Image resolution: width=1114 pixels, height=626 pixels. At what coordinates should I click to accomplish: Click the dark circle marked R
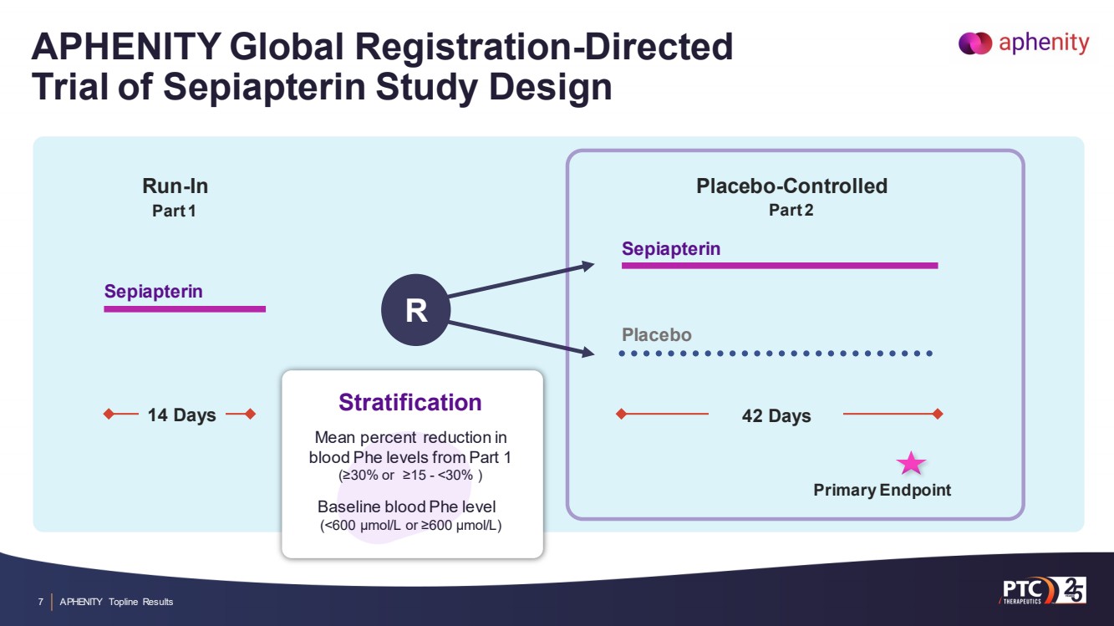coord(415,310)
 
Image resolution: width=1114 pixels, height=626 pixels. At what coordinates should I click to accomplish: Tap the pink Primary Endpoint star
coord(911,463)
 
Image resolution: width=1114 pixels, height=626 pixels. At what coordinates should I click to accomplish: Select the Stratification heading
coord(410,402)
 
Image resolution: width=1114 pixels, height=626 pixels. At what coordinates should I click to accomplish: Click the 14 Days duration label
coord(182,415)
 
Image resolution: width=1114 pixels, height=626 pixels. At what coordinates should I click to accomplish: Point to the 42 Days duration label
coord(776,415)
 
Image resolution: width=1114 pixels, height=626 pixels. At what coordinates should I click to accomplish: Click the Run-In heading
coord(175,186)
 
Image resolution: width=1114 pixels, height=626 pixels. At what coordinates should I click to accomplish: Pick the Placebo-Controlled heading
coord(791,186)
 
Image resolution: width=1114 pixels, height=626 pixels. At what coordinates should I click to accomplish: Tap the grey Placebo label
coord(657,334)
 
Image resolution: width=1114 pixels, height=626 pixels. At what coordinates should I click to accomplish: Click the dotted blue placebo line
coord(776,354)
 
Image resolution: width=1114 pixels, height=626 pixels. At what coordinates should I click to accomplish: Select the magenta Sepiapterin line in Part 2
coord(780,266)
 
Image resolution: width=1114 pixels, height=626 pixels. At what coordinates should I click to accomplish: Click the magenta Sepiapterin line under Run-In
coord(185,309)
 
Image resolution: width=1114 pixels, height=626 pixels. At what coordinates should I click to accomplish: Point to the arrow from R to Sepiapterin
coord(521,281)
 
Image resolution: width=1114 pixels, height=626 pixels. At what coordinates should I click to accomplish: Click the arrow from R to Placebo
coord(521,339)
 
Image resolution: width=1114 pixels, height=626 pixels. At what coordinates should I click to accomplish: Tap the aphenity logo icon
coord(974,43)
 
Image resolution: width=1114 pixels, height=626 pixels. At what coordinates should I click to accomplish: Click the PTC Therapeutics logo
coord(1042,591)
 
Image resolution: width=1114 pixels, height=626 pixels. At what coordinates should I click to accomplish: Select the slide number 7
coord(41,602)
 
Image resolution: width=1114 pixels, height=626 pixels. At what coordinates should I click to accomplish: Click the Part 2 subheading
coord(791,210)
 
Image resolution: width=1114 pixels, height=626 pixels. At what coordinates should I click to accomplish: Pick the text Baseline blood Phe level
coord(407,506)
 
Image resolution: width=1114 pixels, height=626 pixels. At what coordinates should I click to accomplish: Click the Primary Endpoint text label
coord(883,490)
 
